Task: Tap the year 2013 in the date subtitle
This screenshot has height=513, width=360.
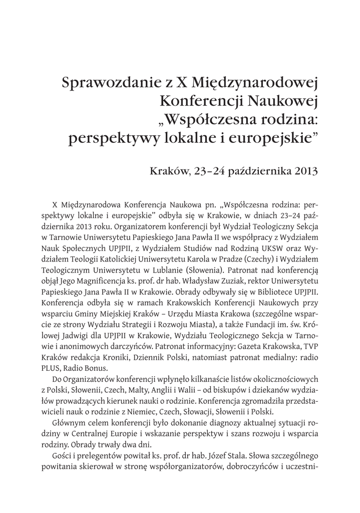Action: [304, 171]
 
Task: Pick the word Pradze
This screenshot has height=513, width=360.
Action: [226, 260]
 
